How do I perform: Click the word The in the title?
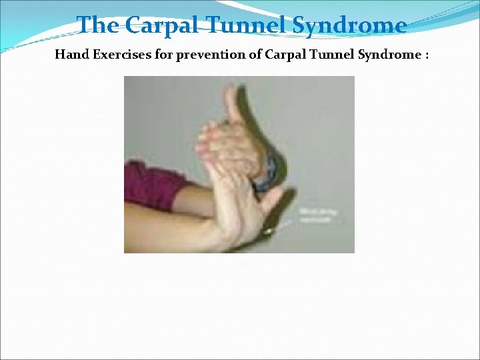[x=98, y=25]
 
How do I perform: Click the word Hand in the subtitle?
[x=70, y=55]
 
